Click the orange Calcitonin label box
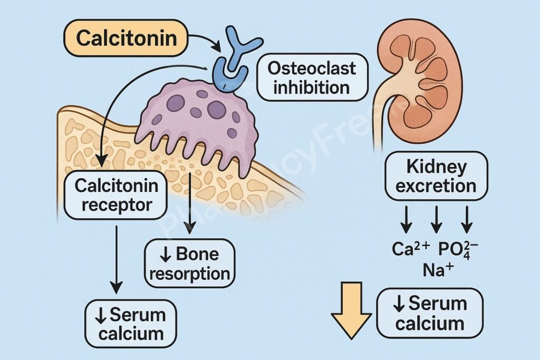pos(125,38)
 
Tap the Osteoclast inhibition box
pos(312,77)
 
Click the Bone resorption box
pos(189,264)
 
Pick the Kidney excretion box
pos(436,177)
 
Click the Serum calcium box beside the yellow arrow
pos(430,313)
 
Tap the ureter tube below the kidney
pos(378,132)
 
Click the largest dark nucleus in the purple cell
pos(216,110)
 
